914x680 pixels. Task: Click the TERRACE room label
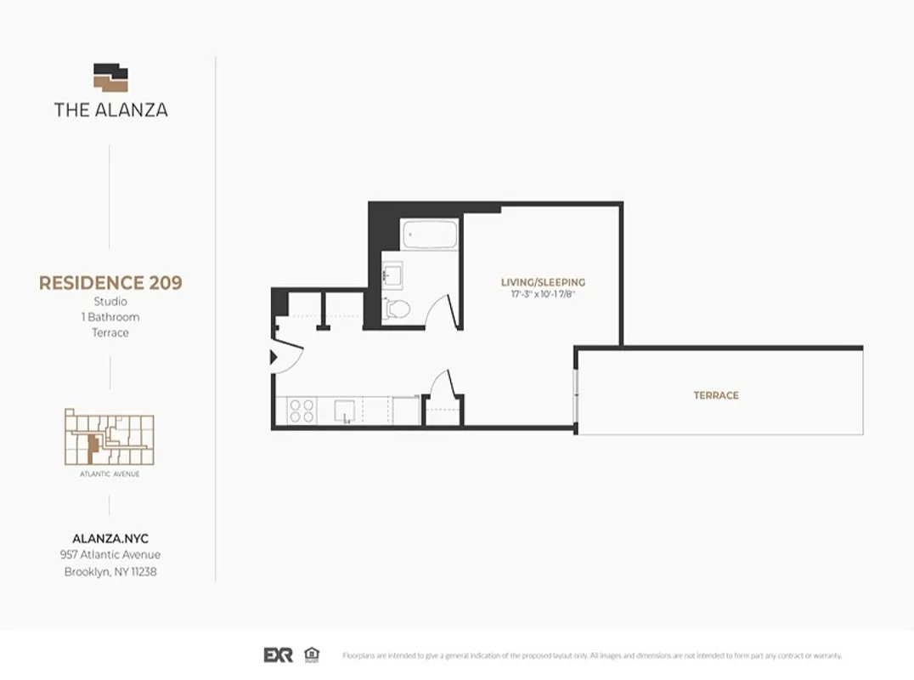click(715, 395)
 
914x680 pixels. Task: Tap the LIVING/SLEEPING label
click(543, 282)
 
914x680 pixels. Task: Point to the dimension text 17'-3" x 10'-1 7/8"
click(543, 294)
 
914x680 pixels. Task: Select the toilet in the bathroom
click(397, 309)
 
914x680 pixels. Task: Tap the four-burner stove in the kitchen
click(302, 411)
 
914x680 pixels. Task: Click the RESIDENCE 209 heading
click(110, 283)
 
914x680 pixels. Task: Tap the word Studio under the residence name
click(110, 302)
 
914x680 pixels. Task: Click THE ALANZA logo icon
click(110, 77)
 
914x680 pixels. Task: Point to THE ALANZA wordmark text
click(110, 110)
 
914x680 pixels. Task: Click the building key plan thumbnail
click(110, 437)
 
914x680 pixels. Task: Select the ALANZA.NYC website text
click(110, 539)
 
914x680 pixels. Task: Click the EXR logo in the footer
click(279, 654)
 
